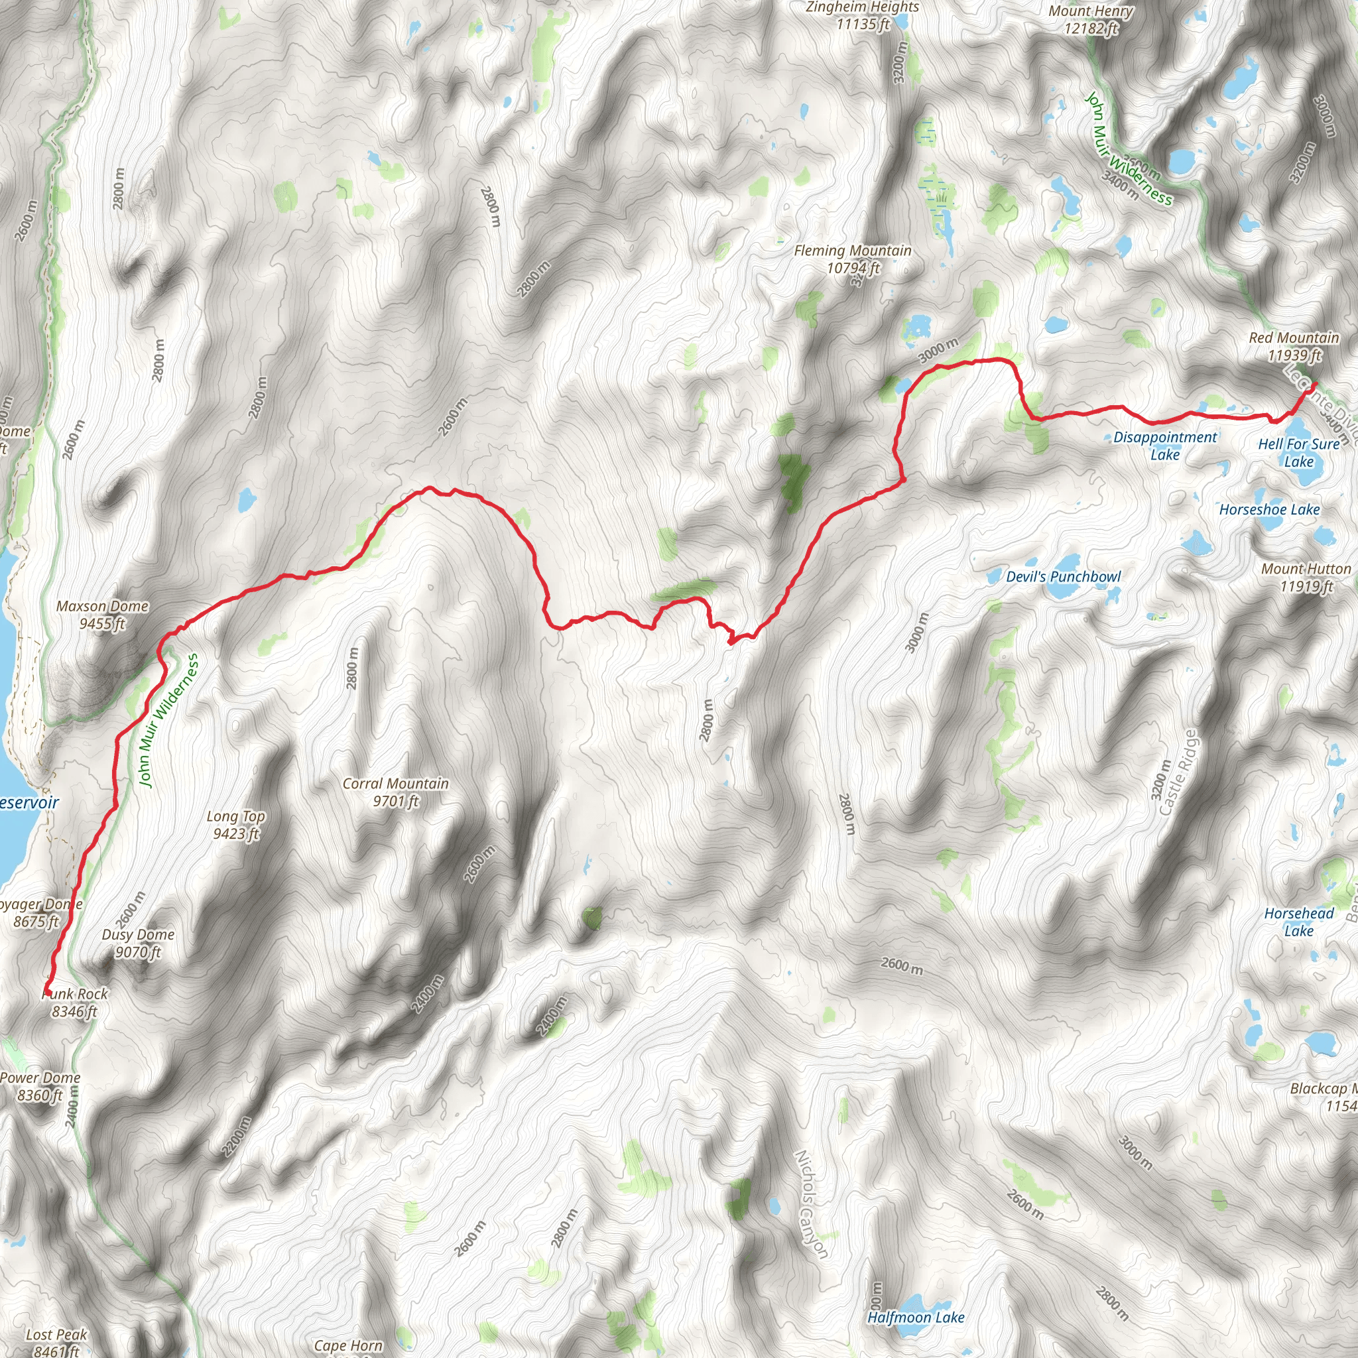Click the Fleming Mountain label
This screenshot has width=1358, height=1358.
[853, 259]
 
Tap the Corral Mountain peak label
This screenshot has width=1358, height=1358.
[396, 792]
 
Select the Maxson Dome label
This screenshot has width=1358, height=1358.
[102, 614]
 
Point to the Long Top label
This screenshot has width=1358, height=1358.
[235, 824]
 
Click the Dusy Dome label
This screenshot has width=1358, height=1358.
[138, 944]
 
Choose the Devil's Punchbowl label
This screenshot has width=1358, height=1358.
[1064, 577]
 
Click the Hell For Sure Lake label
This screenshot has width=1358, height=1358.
[1299, 453]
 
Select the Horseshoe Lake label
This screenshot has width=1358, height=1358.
[1269, 510]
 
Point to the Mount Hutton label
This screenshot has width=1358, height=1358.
[1306, 577]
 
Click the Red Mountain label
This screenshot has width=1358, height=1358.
[1294, 347]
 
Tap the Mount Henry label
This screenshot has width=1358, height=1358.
[1091, 20]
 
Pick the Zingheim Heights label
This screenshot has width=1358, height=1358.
[863, 15]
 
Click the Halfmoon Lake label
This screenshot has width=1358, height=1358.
[916, 1318]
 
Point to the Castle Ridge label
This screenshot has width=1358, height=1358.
[1178, 773]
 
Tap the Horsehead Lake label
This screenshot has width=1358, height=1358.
[1299, 922]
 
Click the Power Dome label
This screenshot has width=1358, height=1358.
[40, 1086]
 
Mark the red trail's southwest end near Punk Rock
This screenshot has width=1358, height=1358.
[47, 991]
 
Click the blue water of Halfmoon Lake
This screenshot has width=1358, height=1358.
[916, 1302]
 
